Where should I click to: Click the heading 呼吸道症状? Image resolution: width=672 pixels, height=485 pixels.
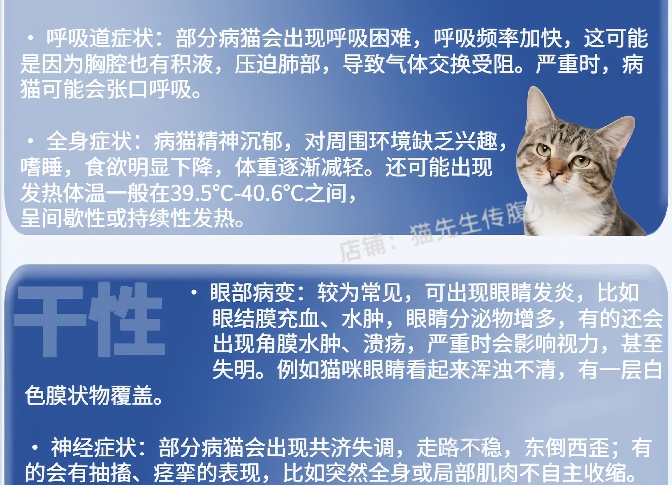click(100, 38)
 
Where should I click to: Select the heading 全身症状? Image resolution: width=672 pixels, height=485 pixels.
click(89, 141)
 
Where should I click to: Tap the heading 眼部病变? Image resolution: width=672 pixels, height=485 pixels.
click(252, 293)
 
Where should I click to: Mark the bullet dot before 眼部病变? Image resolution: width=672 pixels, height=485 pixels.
click(194, 293)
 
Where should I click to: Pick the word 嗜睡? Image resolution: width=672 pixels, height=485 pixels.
click(41, 167)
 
